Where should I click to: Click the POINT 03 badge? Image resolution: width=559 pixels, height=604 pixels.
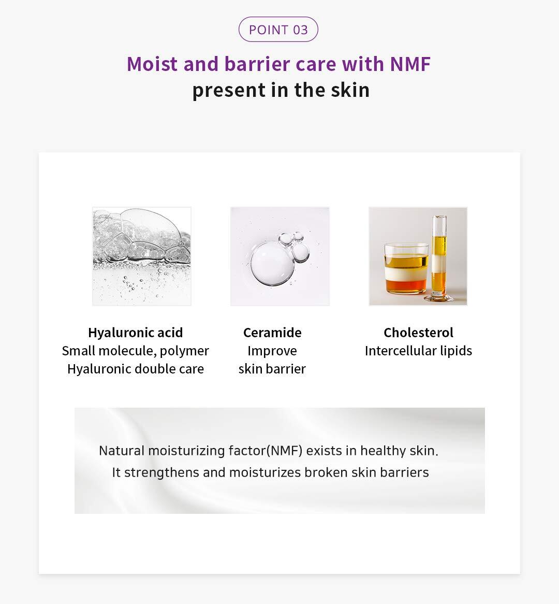point(278,30)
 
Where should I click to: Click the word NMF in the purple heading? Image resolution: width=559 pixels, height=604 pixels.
point(410,64)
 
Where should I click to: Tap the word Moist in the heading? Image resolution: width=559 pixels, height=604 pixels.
point(152,64)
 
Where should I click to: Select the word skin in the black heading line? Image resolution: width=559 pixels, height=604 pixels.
point(350,90)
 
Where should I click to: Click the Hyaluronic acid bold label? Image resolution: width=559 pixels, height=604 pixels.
point(136,333)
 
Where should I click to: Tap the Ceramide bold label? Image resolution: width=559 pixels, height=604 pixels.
point(272,333)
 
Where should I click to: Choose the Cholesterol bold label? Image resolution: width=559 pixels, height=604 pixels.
point(419,333)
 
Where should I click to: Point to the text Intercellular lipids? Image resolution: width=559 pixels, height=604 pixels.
point(419,351)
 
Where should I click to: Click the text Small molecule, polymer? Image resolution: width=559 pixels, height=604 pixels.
point(136,351)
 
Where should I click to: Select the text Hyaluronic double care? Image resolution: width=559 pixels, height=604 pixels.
point(136,369)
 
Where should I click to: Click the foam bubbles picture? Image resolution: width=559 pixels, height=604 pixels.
point(142,256)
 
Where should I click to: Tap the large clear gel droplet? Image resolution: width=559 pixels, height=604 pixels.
point(271,264)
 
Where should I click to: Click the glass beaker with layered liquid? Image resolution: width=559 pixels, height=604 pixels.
point(406,268)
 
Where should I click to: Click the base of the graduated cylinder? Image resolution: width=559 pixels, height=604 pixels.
point(439,297)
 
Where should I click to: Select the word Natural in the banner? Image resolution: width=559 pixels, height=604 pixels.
point(122,451)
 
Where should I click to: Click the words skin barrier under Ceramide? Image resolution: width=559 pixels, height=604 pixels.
point(272,369)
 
